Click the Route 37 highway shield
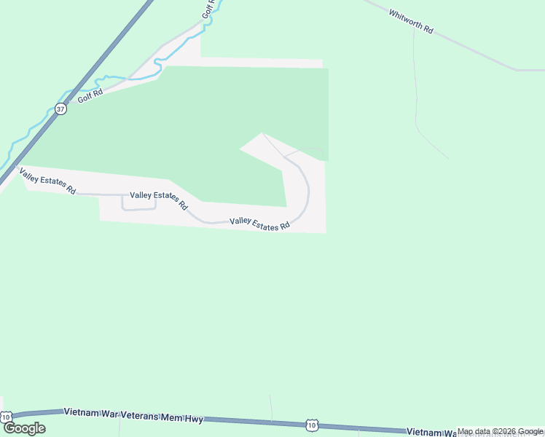(60, 109)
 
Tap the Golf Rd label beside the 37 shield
(91, 95)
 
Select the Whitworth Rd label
(411, 23)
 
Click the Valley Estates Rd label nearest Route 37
(47, 181)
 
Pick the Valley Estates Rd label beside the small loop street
(158, 200)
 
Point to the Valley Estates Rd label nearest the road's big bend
(260, 224)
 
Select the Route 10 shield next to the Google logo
(7, 417)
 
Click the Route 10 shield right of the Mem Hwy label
(312, 425)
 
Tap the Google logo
(24, 428)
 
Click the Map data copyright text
(500, 432)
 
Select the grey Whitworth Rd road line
(474, 51)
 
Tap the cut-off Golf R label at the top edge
(210, 9)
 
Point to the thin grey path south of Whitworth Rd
(416, 109)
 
